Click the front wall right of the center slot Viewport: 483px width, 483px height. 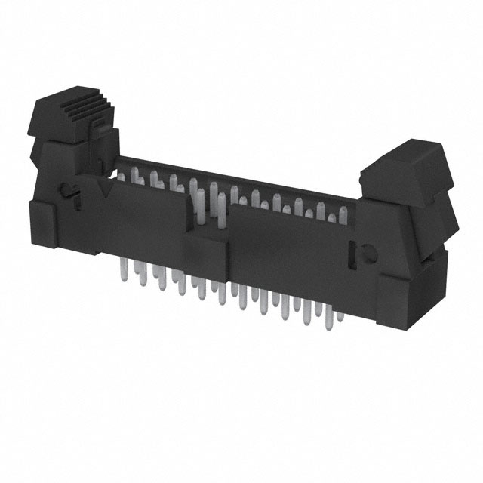(287, 253)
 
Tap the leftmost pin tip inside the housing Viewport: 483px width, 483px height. (121, 175)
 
